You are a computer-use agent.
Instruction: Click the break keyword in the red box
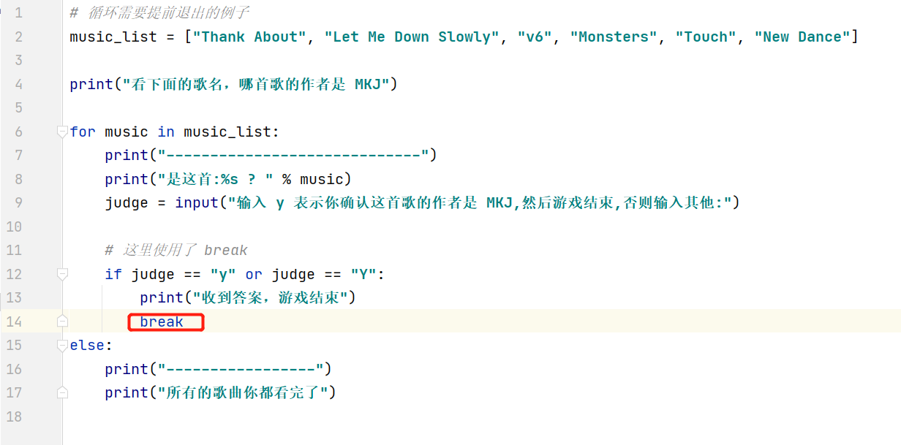pyautogui.click(x=162, y=322)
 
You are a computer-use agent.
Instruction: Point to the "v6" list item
pyautogui.click(x=535, y=37)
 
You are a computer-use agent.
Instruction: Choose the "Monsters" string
pyautogui.click(x=614, y=37)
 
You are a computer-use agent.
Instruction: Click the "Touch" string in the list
pyautogui.click(x=706, y=37)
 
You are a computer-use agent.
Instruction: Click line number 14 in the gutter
pyautogui.click(x=14, y=322)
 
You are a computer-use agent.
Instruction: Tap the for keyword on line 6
pyautogui.click(x=83, y=132)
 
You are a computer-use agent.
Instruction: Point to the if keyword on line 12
pyautogui.click(x=113, y=275)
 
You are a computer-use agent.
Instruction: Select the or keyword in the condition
pyautogui.click(x=254, y=275)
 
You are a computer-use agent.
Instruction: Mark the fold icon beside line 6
pyautogui.click(x=62, y=132)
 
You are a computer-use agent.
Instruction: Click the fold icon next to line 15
pyautogui.click(x=62, y=345)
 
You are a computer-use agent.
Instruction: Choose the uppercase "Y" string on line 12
pyautogui.click(x=363, y=275)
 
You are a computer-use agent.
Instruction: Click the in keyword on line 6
pyautogui.click(x=166, y=132)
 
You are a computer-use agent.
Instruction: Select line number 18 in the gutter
pyautogui.click(x=14, y=417)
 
